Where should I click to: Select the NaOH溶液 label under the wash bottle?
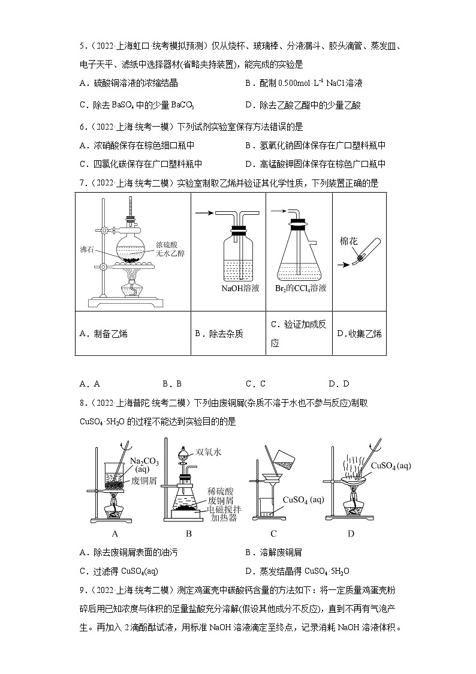240,288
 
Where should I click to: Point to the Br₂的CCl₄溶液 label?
302,288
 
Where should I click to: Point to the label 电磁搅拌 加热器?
224,513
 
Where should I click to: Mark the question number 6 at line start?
82,127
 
